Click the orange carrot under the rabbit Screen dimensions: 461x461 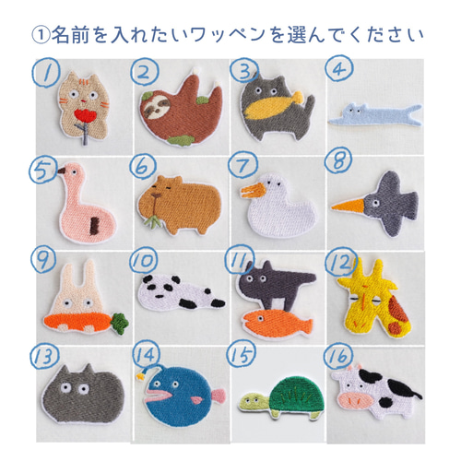(x=78, y=323)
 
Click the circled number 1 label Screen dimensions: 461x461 (x=42, y=71)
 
